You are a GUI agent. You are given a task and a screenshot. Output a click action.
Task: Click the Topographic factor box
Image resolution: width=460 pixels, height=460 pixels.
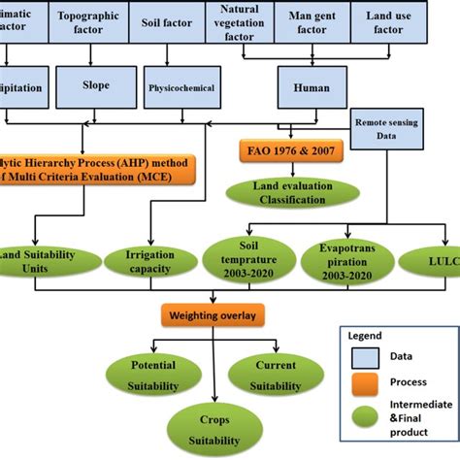click(x=89, y=21)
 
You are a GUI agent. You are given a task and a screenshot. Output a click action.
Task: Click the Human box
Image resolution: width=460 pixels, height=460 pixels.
click(x=307, y=87)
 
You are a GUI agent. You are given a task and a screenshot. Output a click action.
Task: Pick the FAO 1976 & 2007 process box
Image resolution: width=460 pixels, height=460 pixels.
click(x=281, y=150)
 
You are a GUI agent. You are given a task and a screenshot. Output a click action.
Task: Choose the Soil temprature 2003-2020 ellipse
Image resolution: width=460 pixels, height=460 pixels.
click(x=242, y=261)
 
